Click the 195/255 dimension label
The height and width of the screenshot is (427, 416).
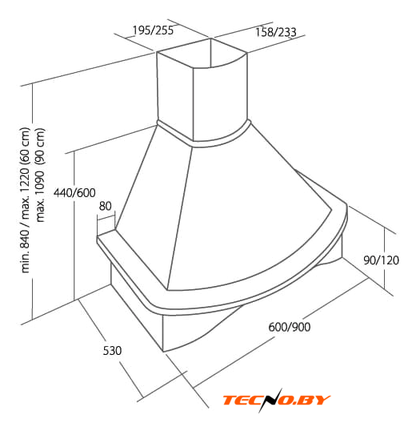coord(153,30)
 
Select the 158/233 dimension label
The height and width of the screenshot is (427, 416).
coord(276,32)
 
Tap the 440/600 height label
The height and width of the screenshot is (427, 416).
coord(74,193)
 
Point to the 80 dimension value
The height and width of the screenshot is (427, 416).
coord(106,206)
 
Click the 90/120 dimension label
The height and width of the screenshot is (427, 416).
coord(381,260)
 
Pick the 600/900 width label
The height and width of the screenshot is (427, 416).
coord(290,327)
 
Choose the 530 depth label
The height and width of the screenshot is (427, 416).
coord(112,350)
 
